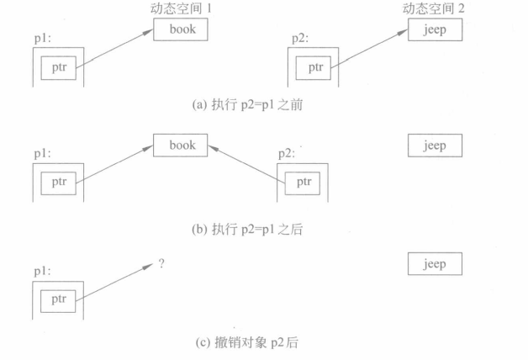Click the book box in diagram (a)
[181, 29]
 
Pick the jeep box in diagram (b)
[434, 146]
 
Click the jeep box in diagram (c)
[434, 264]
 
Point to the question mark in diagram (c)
[161, 263]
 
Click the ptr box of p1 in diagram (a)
[59, 67]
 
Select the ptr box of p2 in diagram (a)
[315, 67]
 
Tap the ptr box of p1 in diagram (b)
[59, 183]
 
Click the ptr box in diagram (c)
[59, 299]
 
